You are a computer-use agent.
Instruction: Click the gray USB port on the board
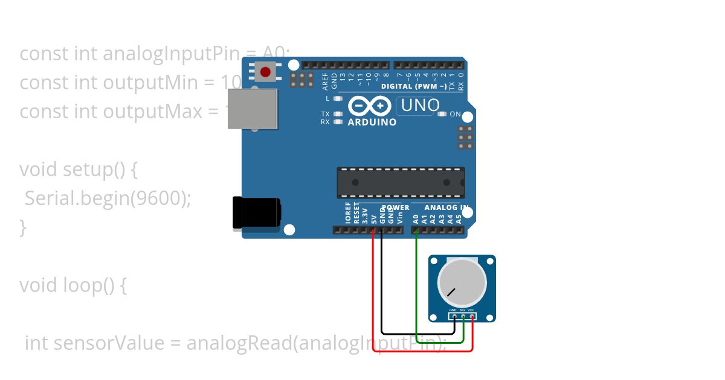[253, 109]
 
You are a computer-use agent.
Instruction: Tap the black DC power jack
[257, 213]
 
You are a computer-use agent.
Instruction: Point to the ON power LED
[442, 114]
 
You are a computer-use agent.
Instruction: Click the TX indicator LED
[338, 114]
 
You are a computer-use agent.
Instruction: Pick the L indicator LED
[338, 98]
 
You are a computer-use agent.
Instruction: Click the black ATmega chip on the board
[401, 183]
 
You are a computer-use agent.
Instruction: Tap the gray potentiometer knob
[462, 283]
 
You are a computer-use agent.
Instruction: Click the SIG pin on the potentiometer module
[463, 315]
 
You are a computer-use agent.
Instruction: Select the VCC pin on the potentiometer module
[471, 315]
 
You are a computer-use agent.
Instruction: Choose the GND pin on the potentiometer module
[454, 315]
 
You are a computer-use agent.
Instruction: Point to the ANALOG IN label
[446, 207]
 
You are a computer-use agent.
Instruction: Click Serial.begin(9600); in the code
[108, 198]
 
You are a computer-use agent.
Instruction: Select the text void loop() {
[72, 285]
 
